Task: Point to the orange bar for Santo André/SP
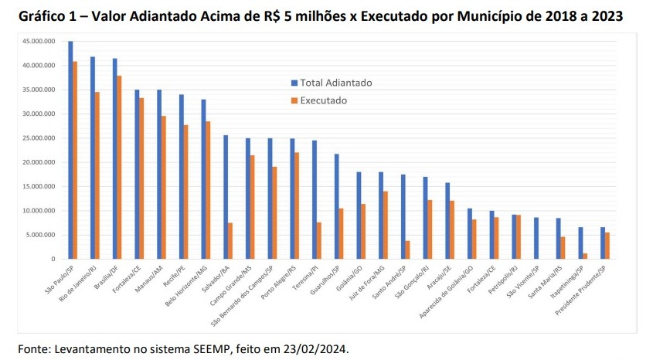pyautogui.click(x=408, y=250)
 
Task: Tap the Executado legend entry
pyautogui.click(x=324, y=100)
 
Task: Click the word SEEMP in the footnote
pyautogui.click(x=233, y=349)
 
